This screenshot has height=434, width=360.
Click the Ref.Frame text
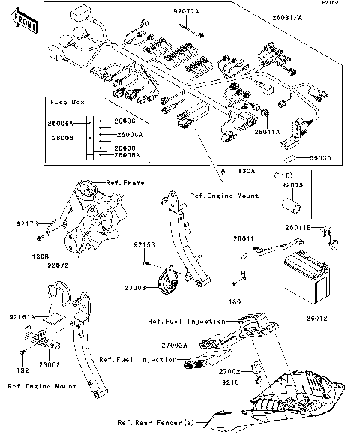(x=124, y=182)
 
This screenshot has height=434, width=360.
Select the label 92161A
(x=23, y=317)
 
